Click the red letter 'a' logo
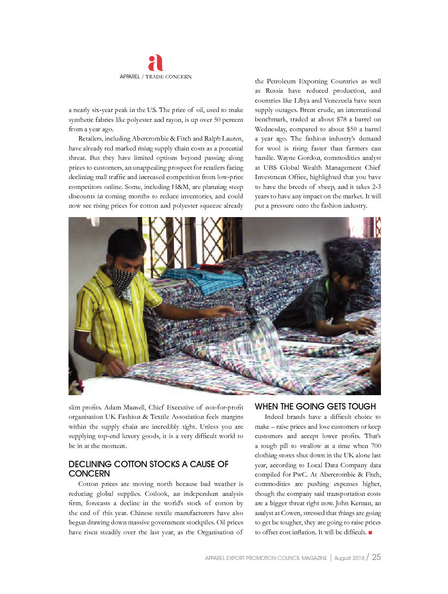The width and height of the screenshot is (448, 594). (x=155, y=63)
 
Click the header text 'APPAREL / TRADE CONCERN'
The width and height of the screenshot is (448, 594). (x=156, y=77)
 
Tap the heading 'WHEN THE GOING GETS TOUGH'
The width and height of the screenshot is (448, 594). (x=315, y=407)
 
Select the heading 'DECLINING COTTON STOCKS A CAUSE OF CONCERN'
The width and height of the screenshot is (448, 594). (x=148, y=469)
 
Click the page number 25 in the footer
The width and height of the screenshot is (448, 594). (x=377, y=557)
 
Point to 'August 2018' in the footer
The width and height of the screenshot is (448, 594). (x=349, y=558)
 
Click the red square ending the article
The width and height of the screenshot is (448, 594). (x=370, y=532)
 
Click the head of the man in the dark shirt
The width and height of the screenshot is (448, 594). (x=347, y=267)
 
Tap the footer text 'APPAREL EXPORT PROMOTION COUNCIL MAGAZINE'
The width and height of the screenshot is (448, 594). (x=266, y=558)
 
